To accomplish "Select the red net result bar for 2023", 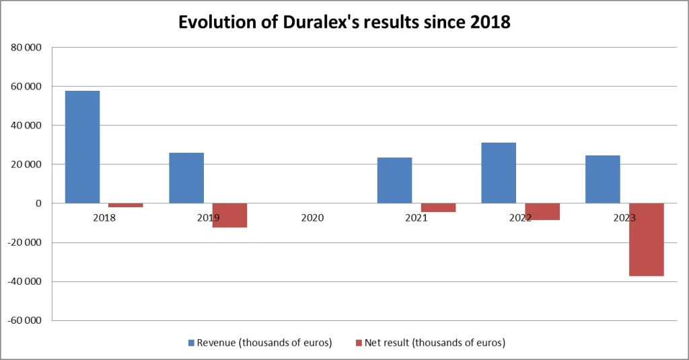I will (647, 240).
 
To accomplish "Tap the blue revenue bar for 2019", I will (186, 178).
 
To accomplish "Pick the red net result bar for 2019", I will (229, 215).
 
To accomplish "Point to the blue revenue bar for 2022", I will (499, 173).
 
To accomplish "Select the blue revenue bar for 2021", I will (394, 180).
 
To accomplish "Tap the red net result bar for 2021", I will (438, 208).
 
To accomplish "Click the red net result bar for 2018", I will (126, 205).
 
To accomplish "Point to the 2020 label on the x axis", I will (312, 218).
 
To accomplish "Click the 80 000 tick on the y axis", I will (28, 48).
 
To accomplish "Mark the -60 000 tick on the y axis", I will (26, 320).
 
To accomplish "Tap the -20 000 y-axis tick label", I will (26, 242).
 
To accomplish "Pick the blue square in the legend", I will (192, 343).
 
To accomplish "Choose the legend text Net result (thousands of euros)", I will (435, 343).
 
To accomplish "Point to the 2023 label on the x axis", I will (625, 218).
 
